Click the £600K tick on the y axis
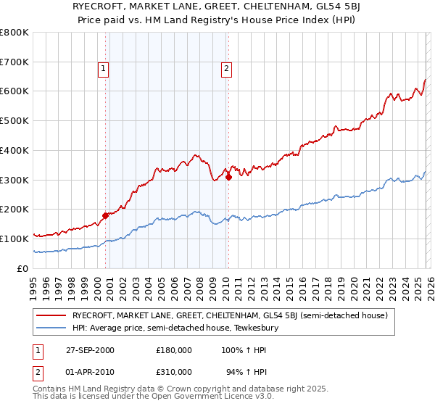[14, 91]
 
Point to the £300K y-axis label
[14, 180]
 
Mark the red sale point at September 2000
[105, 215]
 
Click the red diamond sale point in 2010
[228, 176]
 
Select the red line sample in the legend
[51, 315]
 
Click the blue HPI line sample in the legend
[51, 328]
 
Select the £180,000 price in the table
[174, 350]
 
